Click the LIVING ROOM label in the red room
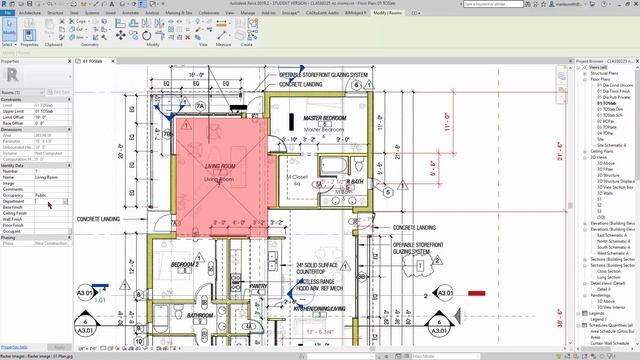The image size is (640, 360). coord(219,165)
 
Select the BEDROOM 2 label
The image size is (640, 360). coord(184,264)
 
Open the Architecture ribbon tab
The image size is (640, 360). coord(30,13)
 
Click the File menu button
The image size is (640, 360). coord(8,13)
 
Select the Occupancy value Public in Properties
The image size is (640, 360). coord(42,195)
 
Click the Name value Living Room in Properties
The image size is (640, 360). coord(48,177)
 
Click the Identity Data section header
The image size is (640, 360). coord(14,165)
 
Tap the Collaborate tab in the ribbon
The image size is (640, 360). coord(209,13)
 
